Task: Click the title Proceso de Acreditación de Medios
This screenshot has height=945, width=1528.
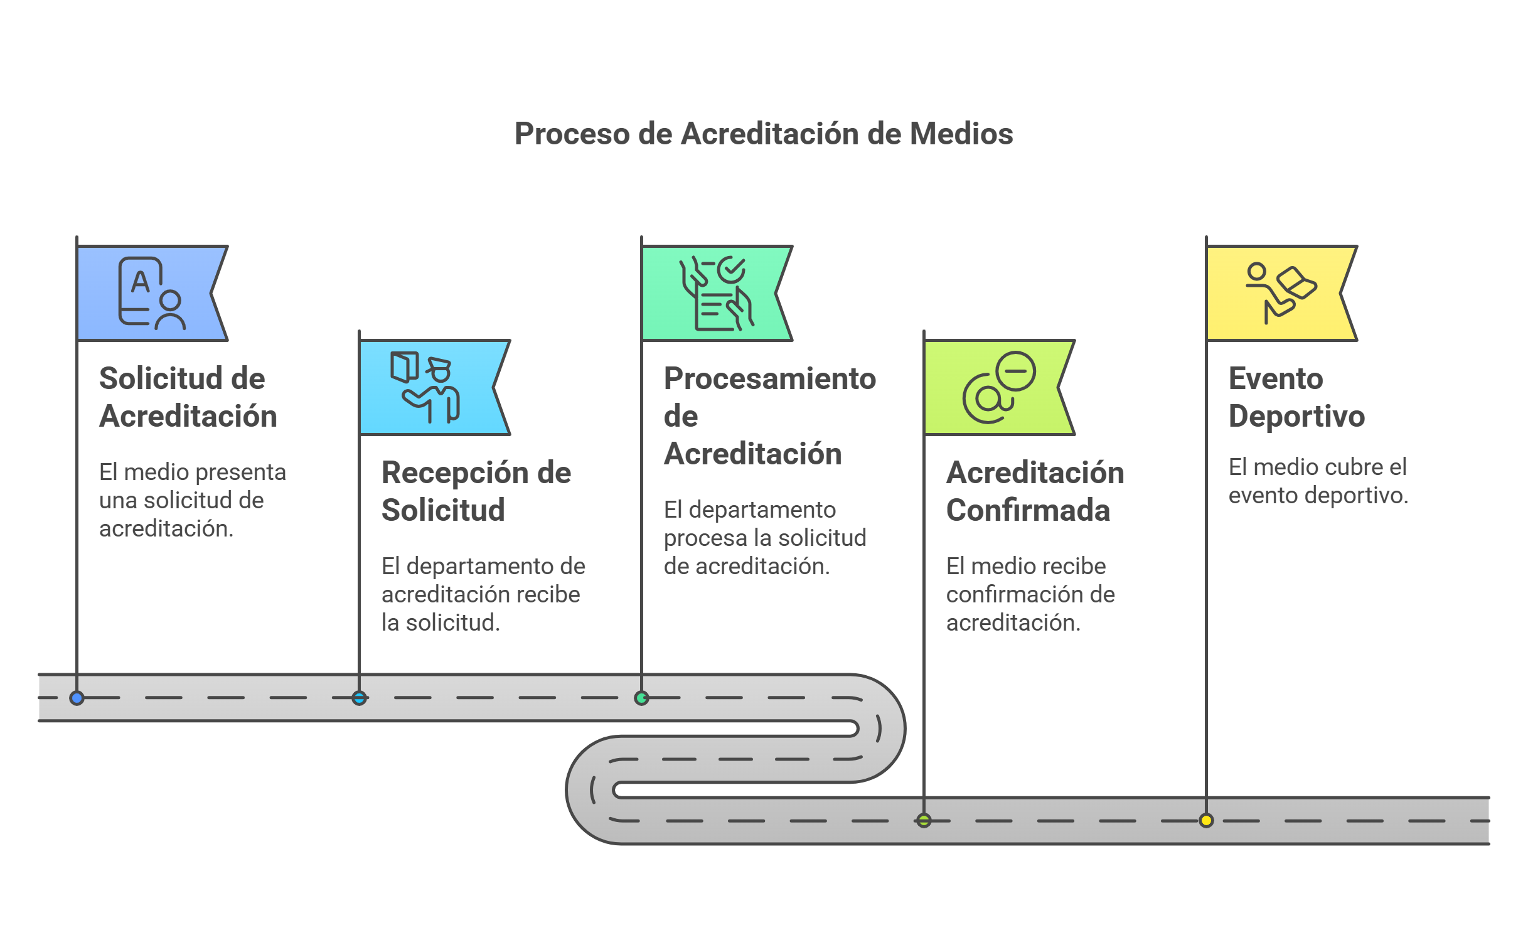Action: pyautogui.click(x=763, y=134)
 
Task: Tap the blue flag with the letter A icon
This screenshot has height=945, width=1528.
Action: pyautogui.click(x=151, y=293)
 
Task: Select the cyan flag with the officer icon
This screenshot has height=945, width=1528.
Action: pyautogui.click(x=433, y=388)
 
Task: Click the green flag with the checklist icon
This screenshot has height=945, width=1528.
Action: pyautogui.click(x=715, y=293)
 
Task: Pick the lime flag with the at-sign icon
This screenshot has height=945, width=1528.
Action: pyautogui.click(x=998, y=388)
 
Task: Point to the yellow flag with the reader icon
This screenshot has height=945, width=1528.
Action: pyautogui.click(x=1280, y=293)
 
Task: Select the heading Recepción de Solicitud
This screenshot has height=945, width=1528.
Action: pyautogui.click(x=476, y=491)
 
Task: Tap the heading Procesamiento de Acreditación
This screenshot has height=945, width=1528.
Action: pyautogui.click(x=769, y=415)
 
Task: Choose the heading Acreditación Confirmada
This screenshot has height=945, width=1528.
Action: pyautogui.click(x=1034, y=491)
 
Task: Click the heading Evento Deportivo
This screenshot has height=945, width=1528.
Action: pyautogui.click(x=1296, y=397)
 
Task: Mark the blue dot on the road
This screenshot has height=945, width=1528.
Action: pyautogui.click(x=77, y=698)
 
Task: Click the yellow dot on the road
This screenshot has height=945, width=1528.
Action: pyautogui.click(x=1206, y=820)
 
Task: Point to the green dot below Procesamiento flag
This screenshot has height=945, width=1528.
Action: pyautogui.click(x=641, y=698)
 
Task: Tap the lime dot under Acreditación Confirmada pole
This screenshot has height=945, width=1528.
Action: pyautogui.click(x=924, y=820)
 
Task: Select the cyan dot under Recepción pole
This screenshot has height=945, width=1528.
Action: pyautogui.click(x=359, y=698)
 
